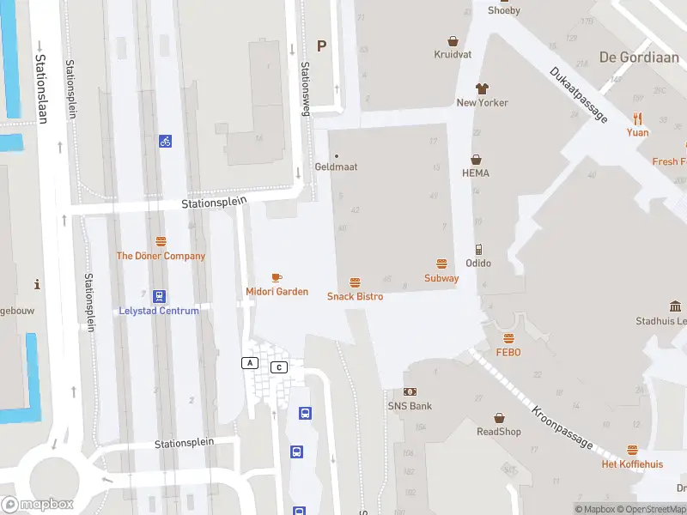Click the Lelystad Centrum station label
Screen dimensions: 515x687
pyautogui.click(x=159, y=311)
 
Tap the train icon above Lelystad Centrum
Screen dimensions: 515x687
pyautogui.click(x=159, y=295)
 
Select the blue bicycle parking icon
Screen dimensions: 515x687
pyautogui.click(x=165, y=141)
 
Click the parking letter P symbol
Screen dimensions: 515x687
pyautogui.click(x=322, y=46)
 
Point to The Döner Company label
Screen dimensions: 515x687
pyautogui.click(x=161, y=256)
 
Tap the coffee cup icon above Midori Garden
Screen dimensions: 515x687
pyautogui.click(x=277, y=277)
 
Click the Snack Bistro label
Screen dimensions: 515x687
pyautogui.click(x=355, y=296)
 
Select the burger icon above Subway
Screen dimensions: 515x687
pyautogui.click(x=441, y=264)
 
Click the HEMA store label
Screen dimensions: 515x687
pyautogui.click(x=475, y=173)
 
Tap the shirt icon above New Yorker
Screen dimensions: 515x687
pyautogui.click(x=482, y=88)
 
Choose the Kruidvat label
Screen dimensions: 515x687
pyautogui.click(x=453, y=53)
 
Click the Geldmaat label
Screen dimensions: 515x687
pyautogui.click(x=336, y=167)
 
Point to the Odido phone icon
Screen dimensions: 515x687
pyautogui.click(x=478, y=249)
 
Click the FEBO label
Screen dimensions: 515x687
pyautogui.click(x=508, y=352)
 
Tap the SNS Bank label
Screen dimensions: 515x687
pyautogui.click(x=410, y=406)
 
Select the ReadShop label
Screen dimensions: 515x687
pyautogui.click(x=499, y=432)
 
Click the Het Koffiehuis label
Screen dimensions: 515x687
pyautogui.click(x=632, y=464)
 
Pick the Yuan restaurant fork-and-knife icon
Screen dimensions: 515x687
pyautogui.click(x=637, y=118)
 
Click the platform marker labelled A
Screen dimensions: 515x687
pyautogui.click(x=250, y=363)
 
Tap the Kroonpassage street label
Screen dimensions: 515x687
pyautogui.click(x=562, y=427)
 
